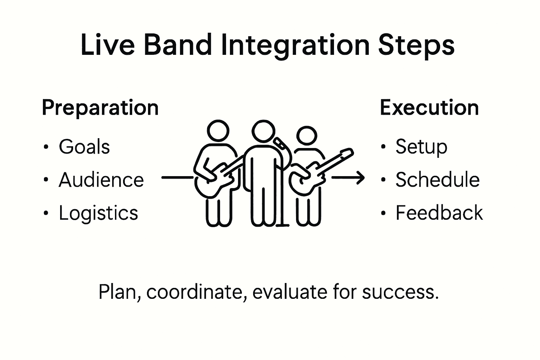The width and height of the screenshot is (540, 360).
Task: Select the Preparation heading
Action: (x=100, y=108)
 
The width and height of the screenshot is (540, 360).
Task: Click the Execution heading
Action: (x=429, y=108)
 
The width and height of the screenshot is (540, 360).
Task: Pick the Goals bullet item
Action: (x=84, y=147)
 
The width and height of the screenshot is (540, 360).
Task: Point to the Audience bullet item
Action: (x=101, y=180)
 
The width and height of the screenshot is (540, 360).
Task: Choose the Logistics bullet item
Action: (x=98, y=213)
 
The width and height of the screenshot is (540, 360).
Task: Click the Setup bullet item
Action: (x=421, y=147)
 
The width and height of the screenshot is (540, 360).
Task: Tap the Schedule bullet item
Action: (x=437, y=180)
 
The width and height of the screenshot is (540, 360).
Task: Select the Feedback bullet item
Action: (x=439, y=213)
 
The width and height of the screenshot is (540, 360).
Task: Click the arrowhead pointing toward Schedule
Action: (x=360, y=178)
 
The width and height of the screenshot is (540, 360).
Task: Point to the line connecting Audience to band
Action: (x=177, y=178)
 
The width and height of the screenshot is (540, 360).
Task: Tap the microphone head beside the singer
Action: (x=280, y=142)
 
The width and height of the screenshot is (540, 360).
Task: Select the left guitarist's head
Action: (x=218, y=131)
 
